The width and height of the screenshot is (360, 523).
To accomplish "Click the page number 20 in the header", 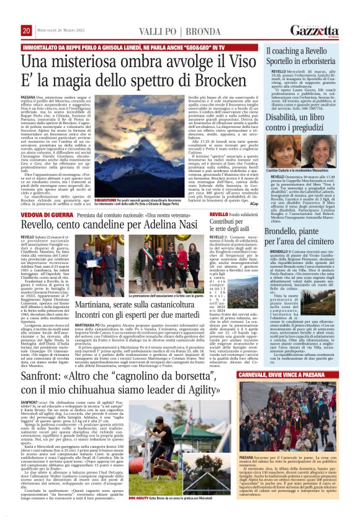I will pyautogui.click(x=27, y=30).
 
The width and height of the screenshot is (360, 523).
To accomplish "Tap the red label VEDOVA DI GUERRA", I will pyautogui.click(x=43, y=214).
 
